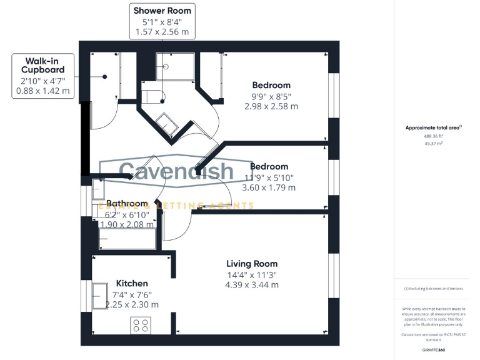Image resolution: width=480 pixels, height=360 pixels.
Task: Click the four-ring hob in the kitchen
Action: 141,326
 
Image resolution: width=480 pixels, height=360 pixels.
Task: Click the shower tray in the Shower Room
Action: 175,66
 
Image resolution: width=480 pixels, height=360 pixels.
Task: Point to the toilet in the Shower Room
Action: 152,97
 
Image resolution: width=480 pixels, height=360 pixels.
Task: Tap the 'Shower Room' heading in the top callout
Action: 162,11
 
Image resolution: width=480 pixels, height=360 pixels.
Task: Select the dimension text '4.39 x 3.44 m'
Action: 252,284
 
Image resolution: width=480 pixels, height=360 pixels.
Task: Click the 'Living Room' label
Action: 252,264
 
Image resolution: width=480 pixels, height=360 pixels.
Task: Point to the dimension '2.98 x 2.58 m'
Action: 271,106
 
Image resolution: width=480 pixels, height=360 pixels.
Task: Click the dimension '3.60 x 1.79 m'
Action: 269,187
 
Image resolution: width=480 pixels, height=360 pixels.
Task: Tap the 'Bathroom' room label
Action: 127,204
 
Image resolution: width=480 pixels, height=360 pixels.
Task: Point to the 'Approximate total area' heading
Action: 432,127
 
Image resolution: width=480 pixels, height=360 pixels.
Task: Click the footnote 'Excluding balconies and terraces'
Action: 432,289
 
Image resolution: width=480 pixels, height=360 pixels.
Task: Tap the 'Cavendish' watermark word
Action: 176,171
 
